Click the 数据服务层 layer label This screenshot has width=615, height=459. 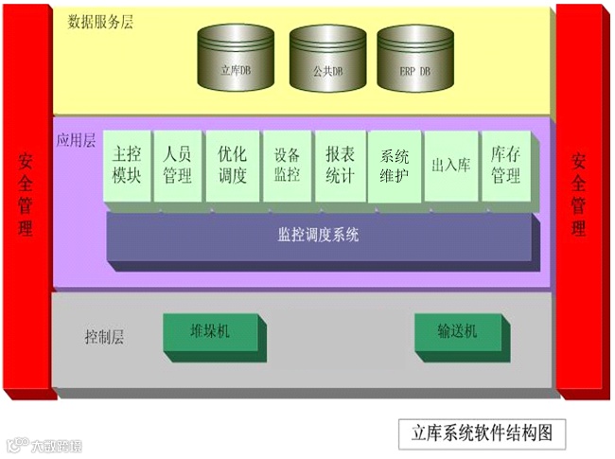click(x=101, y=22)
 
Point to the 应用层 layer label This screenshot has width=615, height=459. click(x=77, y=140)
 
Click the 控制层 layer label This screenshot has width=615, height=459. click(x=104, y=336)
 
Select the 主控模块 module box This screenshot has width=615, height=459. click(x=126, y=165)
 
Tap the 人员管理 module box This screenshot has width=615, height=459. click(x=177, y=165)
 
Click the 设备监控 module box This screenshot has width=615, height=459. click(x=286, y=165)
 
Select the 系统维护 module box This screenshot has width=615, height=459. click(x=394, y=165)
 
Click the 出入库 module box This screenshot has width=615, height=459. click(x=449, y=166)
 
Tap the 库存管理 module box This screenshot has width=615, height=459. click(x=505, y=165)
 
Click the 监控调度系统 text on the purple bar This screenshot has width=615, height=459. click(x=318, y=234)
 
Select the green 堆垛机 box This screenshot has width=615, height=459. click(x=210, y=332)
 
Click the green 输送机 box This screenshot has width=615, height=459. click(x=457, y=332)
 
